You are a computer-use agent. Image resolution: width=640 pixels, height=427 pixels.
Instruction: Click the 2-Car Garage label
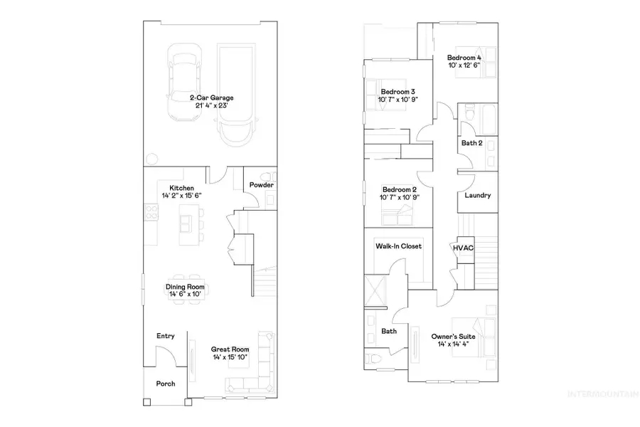coord(212,97)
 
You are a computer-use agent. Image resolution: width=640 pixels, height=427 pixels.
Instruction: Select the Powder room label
coord(262,186)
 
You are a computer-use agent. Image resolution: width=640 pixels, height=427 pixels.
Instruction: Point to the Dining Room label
coord(185,287)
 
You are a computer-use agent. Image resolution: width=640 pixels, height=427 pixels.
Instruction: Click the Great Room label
coord(230,349)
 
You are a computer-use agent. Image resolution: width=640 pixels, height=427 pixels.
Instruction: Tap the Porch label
coord(166,384)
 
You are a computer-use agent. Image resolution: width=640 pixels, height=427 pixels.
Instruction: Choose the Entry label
coord(166,336)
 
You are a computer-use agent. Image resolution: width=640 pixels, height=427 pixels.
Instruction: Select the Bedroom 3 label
coord(398,92)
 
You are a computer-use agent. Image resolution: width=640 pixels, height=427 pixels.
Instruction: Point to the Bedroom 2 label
coord(398,190)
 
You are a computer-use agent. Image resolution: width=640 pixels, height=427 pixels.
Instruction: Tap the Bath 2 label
coord(471,143)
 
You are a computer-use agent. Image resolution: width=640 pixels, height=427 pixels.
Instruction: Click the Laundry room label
coord(477,195)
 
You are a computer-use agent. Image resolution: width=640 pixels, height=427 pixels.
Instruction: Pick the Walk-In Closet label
coord(398,246)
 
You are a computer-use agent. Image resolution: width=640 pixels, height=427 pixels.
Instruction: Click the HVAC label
coord(464,247)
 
